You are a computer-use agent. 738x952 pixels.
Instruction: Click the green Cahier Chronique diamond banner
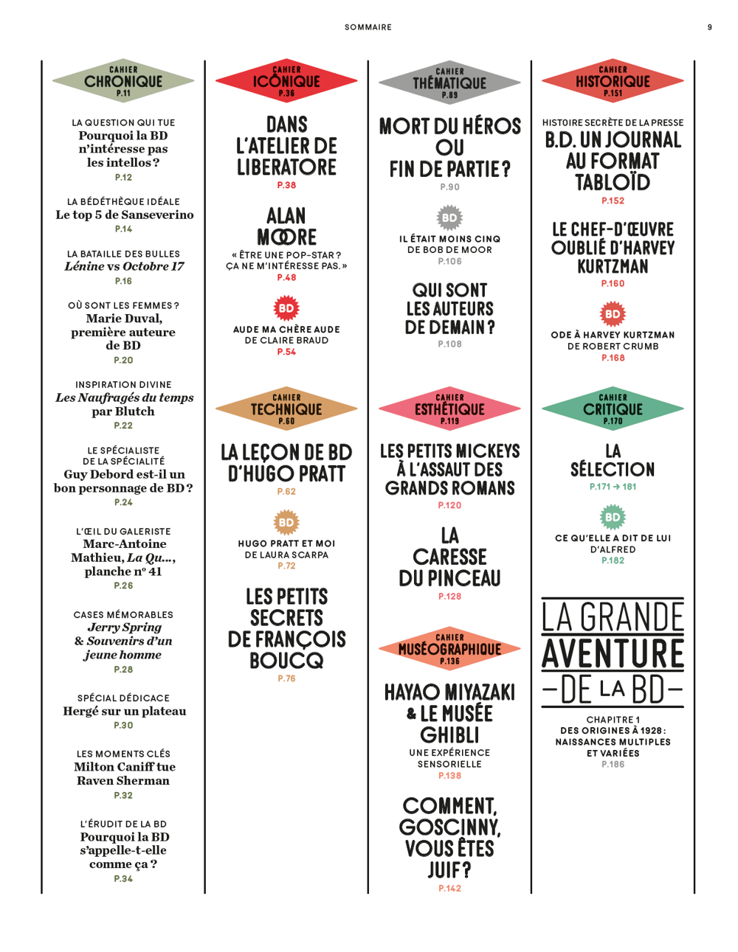[x=123, y=81]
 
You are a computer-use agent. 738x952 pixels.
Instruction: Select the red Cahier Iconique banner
[x=286, y=81]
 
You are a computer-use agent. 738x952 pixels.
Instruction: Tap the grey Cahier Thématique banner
[x=449, y=83]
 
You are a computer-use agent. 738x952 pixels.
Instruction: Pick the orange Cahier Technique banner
[x=286, y=409]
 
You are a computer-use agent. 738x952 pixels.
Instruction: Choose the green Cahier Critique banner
[x=613, y=409]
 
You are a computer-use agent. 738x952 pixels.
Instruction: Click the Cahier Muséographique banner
[x=449, y=649]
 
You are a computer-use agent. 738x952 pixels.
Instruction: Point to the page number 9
[x=710, y=27]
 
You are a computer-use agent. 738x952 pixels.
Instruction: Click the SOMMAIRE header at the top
[x=368, y=27]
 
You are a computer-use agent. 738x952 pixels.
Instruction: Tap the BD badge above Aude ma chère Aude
[x=286, y=308]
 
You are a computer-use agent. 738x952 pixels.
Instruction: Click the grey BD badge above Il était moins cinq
[x=449, y=218]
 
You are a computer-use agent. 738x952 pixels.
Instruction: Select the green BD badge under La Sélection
[x=613, y=517]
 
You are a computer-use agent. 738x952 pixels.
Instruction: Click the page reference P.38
[x=286, y=185]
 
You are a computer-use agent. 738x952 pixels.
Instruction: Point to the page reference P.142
[x=449, y=889]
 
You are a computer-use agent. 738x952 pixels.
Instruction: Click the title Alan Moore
[x=286, y=226]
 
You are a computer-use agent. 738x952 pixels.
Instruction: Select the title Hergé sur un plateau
[x=124, y=712]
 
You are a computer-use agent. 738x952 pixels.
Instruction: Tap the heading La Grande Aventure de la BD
[x=613, y=653]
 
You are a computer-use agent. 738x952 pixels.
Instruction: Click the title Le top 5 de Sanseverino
[x=124, y=215]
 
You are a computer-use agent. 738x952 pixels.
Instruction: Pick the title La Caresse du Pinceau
[x=449, y=557]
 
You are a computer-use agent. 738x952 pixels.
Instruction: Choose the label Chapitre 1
[x=613, y=720]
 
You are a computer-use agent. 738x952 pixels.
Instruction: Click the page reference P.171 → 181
[x=613, y=487]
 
